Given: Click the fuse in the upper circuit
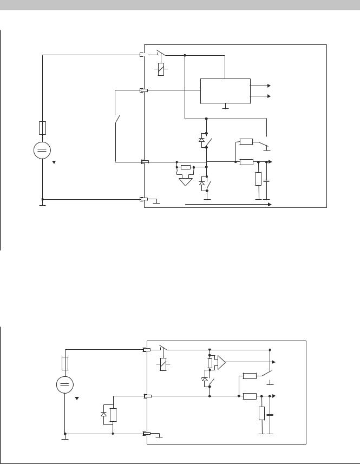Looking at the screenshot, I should pos(42,128).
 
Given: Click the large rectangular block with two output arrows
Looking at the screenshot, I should pos(225,90).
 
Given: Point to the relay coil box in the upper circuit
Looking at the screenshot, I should pos(161,69).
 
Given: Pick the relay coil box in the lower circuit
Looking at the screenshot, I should pos(163,364).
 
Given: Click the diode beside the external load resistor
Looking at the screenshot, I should pos(104,414).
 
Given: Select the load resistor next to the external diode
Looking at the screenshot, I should pos(113,415).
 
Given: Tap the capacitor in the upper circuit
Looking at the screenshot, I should pos(266,179).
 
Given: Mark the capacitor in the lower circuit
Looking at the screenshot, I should pos(271,415).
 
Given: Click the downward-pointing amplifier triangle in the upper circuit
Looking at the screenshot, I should pos(186,181).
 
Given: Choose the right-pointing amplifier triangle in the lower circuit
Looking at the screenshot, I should pos(221,362).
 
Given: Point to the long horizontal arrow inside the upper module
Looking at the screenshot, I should pos(228,205).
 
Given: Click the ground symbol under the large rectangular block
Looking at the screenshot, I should pos(225,107).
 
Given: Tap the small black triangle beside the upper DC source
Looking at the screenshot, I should pos(54,162).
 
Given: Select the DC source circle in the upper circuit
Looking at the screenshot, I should pos(42,150).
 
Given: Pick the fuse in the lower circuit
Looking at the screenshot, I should pos(65,363).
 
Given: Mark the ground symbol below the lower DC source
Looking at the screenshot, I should pos(65,438).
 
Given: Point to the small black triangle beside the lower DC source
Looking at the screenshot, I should pos(77,398).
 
